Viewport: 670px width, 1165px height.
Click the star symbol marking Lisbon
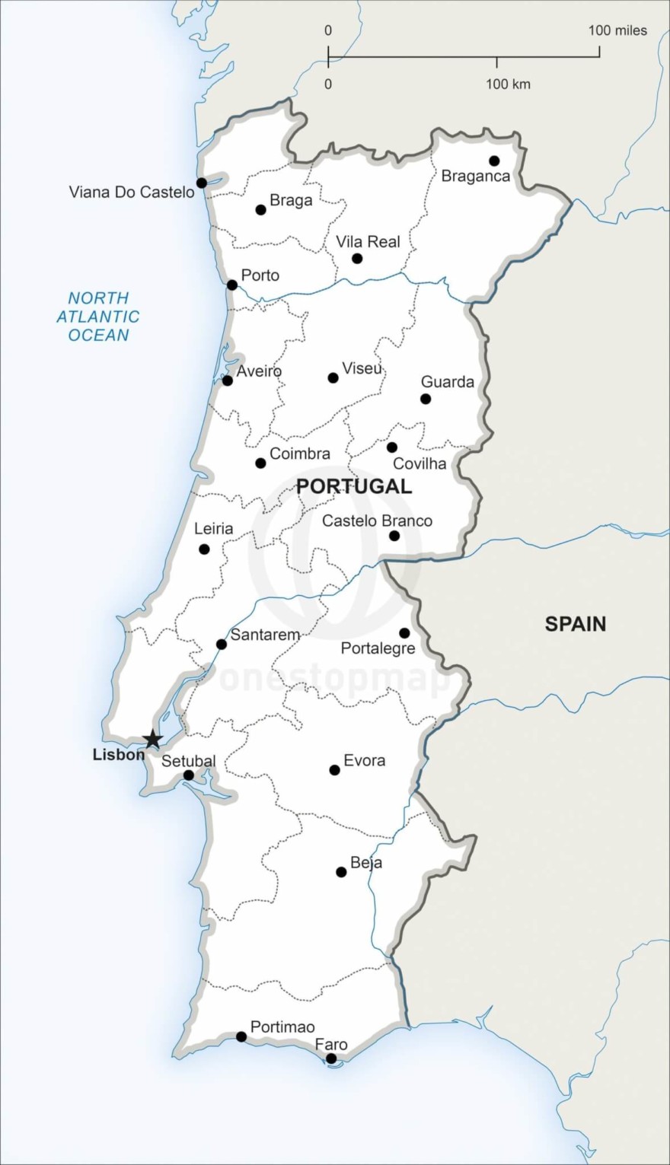153,739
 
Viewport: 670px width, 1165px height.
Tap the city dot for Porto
232,285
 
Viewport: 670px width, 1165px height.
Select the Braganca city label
476,177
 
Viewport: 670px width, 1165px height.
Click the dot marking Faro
331,1058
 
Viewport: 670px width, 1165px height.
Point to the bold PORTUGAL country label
354,487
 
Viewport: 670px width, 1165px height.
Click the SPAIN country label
576,624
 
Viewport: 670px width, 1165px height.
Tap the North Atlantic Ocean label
98,317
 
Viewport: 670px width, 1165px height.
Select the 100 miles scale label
617,30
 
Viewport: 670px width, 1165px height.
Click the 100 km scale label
509,84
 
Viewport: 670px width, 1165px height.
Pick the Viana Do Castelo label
132,192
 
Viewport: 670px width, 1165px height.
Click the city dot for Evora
334,770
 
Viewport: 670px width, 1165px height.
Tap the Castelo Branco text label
377,521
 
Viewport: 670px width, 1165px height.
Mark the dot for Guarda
426,399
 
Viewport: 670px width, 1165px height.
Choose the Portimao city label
282,1027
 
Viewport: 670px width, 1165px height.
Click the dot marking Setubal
189,775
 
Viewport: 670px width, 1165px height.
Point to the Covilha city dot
391,447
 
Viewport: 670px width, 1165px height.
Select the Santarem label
265,635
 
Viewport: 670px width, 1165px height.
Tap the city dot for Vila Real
357,259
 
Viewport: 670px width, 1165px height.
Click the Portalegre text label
378,648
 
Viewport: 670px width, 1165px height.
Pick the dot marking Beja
341,872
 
